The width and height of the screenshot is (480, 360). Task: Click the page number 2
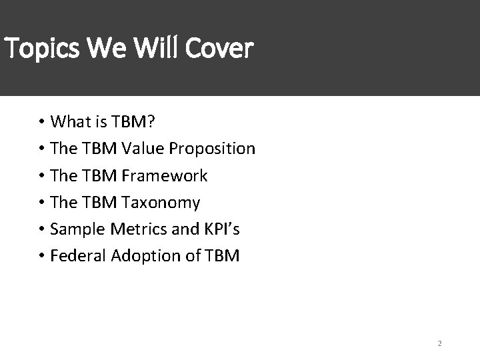coord(440,344)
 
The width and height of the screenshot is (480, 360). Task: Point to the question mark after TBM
coord(152,122)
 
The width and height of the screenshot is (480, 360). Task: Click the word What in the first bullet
coord(71,122)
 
